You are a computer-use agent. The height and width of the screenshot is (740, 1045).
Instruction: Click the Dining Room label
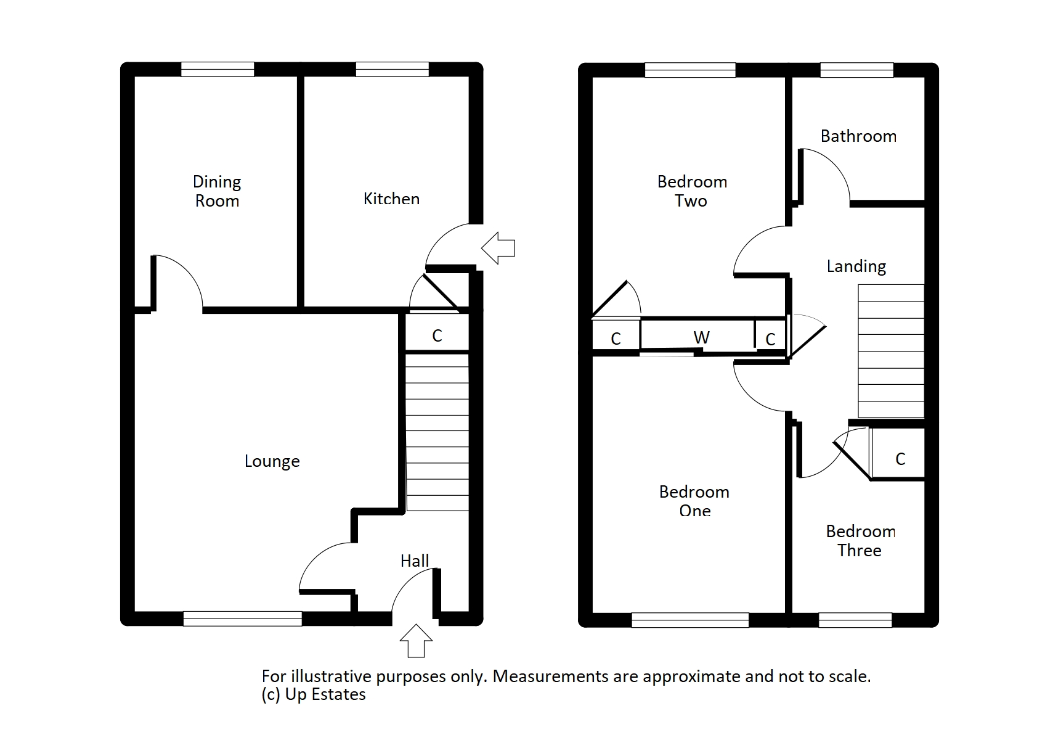click(x=217, y=191)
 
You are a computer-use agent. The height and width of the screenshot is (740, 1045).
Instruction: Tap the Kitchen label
click(x=391, y=199)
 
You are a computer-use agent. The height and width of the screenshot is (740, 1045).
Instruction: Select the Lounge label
click(x=272, y=461)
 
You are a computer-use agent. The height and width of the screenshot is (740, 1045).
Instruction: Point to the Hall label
click(x=415, y=561)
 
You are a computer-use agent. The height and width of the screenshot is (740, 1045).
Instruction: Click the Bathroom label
click(x=858, y=136)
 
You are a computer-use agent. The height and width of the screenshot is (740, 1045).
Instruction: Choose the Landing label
click(x=856, y=266)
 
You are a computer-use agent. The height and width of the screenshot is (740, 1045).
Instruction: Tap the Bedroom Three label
click(x=860, y=541)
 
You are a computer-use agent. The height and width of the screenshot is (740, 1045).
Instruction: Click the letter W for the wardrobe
click(x=701, y=337)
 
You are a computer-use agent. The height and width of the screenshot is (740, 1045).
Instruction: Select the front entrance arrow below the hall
click(x=416, y=641)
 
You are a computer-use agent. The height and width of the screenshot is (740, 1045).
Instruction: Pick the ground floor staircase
click(x=437, y=432)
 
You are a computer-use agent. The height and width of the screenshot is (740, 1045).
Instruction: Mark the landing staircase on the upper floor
click(x=891, y=351)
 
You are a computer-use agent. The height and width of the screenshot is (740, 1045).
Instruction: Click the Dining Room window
click(x=218, y=69)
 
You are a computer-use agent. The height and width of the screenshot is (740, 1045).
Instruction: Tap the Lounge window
click(x=243, y=619)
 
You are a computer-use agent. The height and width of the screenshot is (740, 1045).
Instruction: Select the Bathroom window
click(x=856, y=70)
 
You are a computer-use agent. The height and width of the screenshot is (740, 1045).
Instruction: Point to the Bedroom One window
click(x=690, y=620)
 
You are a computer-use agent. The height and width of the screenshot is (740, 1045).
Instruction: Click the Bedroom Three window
click(x=855, y=620)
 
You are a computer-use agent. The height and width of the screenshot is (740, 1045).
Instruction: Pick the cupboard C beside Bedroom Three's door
click(x=900, y=459)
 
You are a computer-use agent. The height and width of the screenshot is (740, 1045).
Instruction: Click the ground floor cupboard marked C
click(x=437, y=335)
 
